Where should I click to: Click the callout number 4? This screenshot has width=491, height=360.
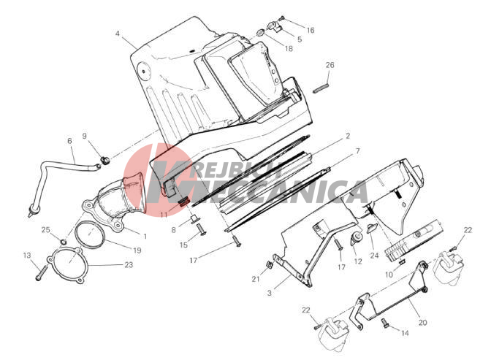tap(118, 33)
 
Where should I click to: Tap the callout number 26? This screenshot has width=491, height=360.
tap(330, 65)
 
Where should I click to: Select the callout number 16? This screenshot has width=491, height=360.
tap(311, 30)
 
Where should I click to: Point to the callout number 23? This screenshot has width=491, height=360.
tap(129, 265)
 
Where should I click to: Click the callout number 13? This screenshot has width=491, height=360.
tap(27, 256)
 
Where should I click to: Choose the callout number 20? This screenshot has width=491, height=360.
tap(423, 323)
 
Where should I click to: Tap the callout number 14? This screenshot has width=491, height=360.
tap(405, 333)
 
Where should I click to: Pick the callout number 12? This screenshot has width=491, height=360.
tap(358, 261)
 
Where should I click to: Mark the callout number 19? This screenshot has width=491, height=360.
tap(137, 250)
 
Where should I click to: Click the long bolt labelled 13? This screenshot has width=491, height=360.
tap(41, 272)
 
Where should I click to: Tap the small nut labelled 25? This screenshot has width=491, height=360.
tap(64, 242)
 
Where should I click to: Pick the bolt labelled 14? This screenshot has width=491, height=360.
tap(385, 323)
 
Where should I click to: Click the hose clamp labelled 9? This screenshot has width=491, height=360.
tap(104, 160)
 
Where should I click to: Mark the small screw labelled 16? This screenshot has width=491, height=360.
tap(281, 18)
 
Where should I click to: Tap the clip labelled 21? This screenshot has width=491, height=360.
tap(269, 264)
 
